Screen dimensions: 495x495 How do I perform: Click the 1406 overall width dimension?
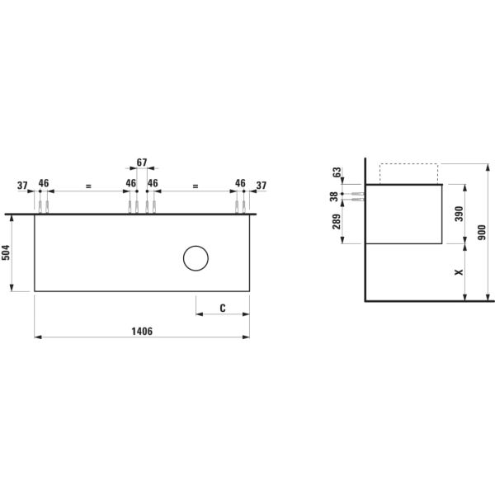coord(142,330)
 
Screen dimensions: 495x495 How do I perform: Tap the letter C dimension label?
coord(224,308)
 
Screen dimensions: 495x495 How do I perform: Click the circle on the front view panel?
coord(196,259)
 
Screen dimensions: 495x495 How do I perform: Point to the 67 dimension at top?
coord(142,162)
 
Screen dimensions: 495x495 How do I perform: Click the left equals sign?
coord(87,186)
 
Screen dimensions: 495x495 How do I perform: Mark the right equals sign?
coord(196,186)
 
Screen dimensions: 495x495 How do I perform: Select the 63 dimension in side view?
coord(337,172)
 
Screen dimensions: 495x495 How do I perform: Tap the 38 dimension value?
coord(333,196)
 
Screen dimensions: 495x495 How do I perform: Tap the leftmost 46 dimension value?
coord(44,182)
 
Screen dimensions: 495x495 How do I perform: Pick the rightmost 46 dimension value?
coord(240,182)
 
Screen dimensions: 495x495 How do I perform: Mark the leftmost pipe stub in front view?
coord(40,205)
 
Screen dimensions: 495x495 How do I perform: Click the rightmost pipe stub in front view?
coord(244,205)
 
